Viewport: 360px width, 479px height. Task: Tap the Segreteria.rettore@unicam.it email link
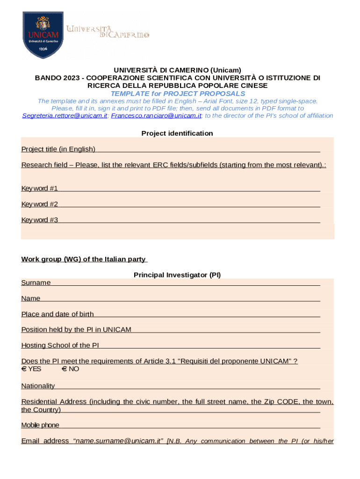[65, 116]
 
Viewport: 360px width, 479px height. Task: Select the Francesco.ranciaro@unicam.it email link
[156, 116]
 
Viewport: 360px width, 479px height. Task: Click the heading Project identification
[177, 133]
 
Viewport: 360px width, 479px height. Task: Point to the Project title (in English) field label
[58, 149]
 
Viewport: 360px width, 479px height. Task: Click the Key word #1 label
[40, 189]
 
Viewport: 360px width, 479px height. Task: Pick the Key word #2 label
[40, 204]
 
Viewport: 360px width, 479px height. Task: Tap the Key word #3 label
[40, 220]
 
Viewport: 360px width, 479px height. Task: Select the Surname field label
[36, 283]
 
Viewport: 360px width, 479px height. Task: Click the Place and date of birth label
[58, 314]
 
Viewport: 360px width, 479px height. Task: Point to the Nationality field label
[38, 386]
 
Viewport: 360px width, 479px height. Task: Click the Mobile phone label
[40, 425]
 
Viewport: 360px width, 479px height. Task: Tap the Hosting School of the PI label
[60, 346]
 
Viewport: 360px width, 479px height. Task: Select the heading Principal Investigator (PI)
[177, 275]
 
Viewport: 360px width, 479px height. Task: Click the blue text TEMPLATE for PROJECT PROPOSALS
[178, 94]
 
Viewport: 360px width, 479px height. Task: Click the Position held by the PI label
[76, 330]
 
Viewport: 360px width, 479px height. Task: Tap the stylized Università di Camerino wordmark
[108, 32]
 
